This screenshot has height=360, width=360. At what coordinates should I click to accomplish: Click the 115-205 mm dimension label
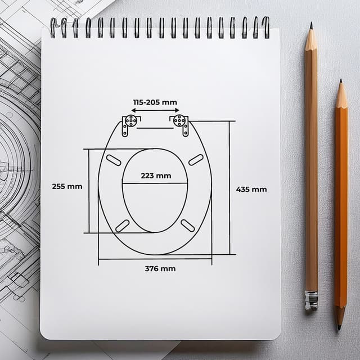(155, 102)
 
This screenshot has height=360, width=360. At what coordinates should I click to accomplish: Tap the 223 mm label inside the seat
(156, 175)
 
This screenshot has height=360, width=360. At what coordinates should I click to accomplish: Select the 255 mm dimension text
(67, 186)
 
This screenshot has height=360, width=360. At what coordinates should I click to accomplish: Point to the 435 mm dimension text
(251, 190)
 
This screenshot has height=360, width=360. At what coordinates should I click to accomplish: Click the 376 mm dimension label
(160, 268)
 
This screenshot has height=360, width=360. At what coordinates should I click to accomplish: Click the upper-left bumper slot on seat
(113, 160)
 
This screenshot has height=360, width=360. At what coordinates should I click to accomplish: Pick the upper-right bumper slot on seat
(196, 160)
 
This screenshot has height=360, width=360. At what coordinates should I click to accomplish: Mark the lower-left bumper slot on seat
(122, 226)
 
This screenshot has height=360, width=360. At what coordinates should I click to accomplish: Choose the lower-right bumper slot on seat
(188, 226)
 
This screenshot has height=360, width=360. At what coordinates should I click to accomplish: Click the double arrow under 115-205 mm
(155, 111)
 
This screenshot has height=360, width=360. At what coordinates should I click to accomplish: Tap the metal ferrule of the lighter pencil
(311, 300)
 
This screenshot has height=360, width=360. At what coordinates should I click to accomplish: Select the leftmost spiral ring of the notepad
(53, 26)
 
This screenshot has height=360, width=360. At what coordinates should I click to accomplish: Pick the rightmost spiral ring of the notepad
(265, 26)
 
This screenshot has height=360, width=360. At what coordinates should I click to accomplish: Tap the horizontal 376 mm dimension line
(155, 259)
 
